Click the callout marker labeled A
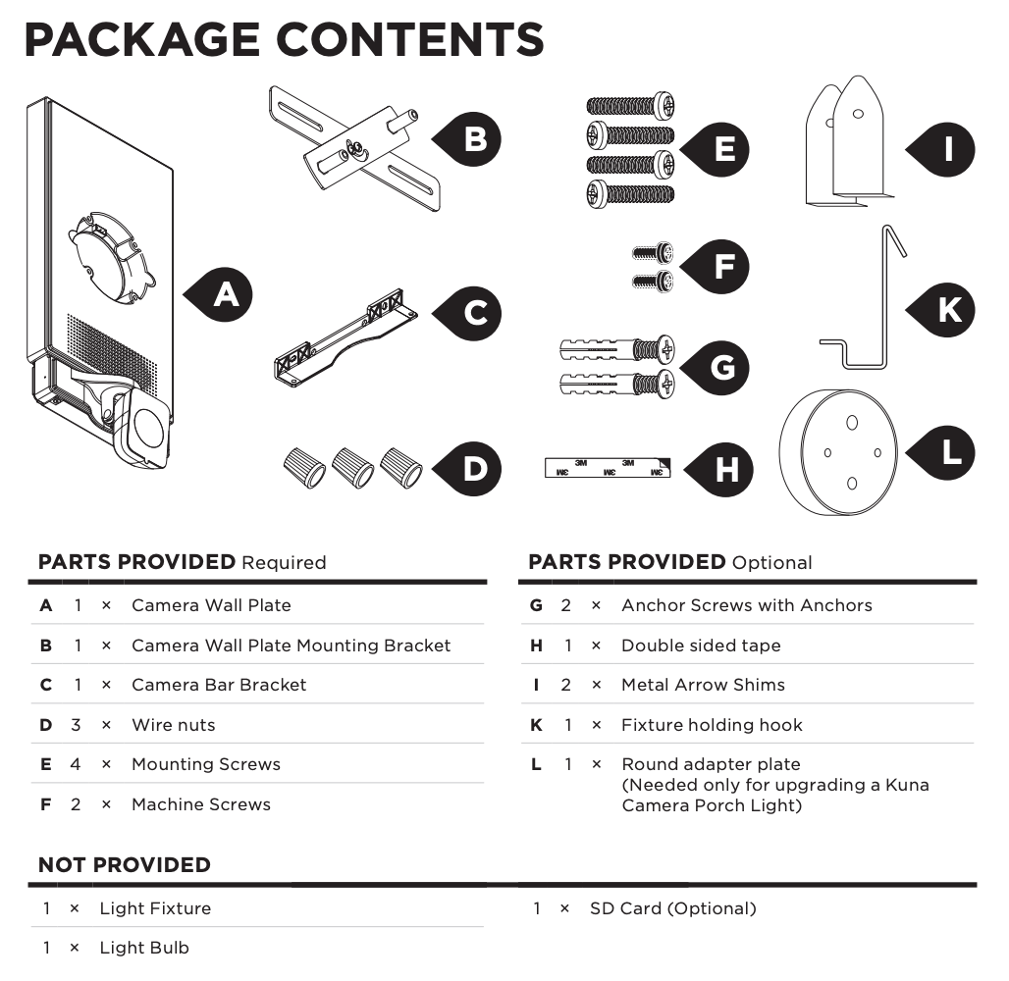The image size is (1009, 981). click(226, 293)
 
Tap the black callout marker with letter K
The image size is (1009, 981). click(948, 310)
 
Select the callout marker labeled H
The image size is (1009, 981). click(726, 470)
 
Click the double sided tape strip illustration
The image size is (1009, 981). click(606, 468)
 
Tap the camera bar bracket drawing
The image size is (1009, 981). click(343, 335)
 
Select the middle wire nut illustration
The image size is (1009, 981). click(352, 467)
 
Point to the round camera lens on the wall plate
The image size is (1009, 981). click(149, 429)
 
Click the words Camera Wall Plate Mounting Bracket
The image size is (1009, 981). click(291, 645)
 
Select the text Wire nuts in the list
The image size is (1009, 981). click(173, 725)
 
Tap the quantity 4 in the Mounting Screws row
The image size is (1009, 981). click(76, 764)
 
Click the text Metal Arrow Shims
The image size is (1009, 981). click(703, 685)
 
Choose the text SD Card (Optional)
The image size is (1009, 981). click(672, 908)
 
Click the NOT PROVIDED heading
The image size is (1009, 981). click(125, 865)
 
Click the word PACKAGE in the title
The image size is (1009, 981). click(140, 41)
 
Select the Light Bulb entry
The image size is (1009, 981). click(144, 948)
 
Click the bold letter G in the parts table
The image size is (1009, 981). click(536, 605)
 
